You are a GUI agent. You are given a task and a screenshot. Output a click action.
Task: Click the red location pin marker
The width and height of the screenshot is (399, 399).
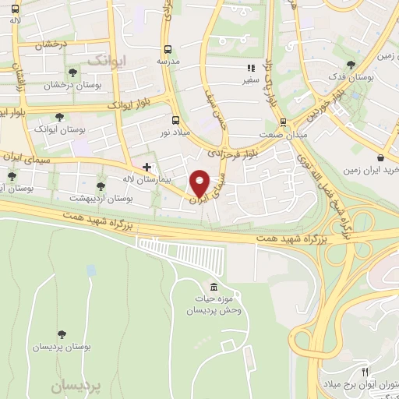(200, 182)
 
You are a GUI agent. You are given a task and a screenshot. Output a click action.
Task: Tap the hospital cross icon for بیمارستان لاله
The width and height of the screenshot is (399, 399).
(147, 167)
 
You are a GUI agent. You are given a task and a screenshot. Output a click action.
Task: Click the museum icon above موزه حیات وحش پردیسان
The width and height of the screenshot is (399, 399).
(214, 286)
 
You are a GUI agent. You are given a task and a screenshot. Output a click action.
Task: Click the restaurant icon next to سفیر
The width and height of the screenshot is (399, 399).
(251, 68)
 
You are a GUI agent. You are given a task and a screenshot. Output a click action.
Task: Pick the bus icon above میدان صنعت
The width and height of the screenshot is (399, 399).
(283, 122)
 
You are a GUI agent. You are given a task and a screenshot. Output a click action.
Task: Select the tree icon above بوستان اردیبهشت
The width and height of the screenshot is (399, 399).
(100, 185)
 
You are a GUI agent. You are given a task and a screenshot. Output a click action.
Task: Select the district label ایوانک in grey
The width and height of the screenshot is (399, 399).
(104, 60)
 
